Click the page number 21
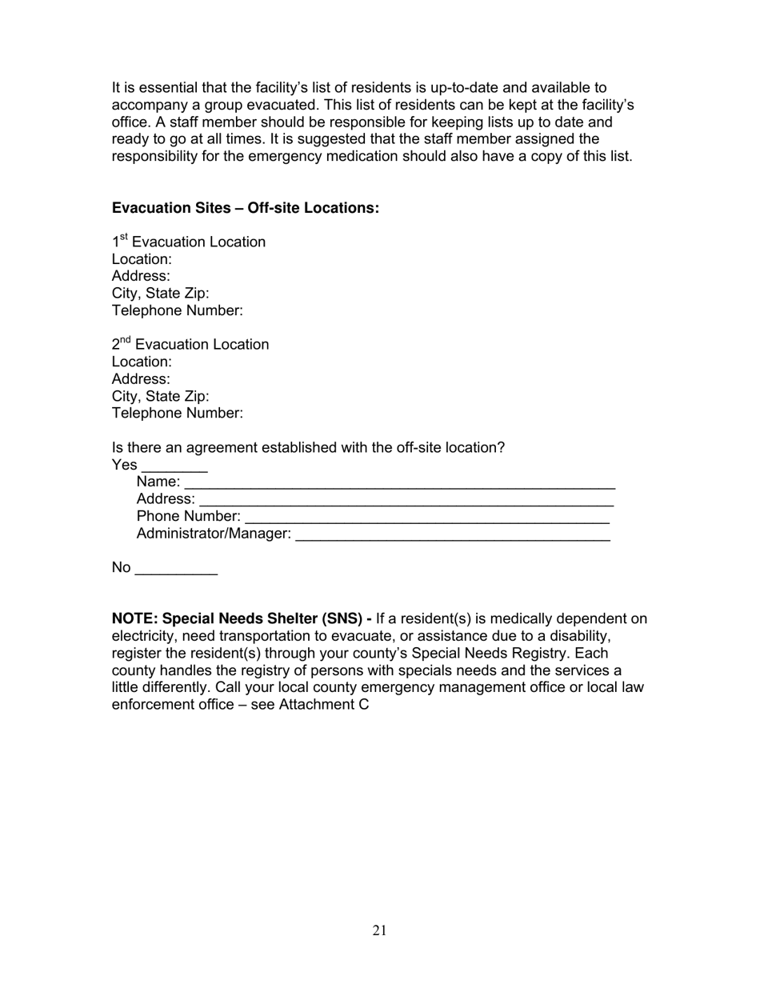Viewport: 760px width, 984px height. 379,930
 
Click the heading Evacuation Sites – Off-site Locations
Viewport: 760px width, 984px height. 245,208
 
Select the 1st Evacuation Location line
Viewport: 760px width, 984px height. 189,242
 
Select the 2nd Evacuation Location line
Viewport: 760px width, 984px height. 190,344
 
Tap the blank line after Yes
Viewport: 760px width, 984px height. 174,468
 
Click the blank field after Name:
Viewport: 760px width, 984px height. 399,485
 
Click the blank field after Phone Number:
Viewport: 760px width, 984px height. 427,519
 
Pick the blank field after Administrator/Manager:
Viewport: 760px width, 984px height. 452,537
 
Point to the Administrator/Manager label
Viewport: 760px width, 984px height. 214,534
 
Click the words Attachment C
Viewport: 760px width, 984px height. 323,705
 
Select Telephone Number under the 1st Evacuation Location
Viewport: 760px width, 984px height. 177,310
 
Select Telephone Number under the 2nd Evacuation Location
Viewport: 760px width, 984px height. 177,414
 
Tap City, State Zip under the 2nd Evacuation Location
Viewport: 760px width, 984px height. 160,396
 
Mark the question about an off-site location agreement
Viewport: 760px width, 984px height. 308,448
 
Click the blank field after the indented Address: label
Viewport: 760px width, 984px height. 406,502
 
